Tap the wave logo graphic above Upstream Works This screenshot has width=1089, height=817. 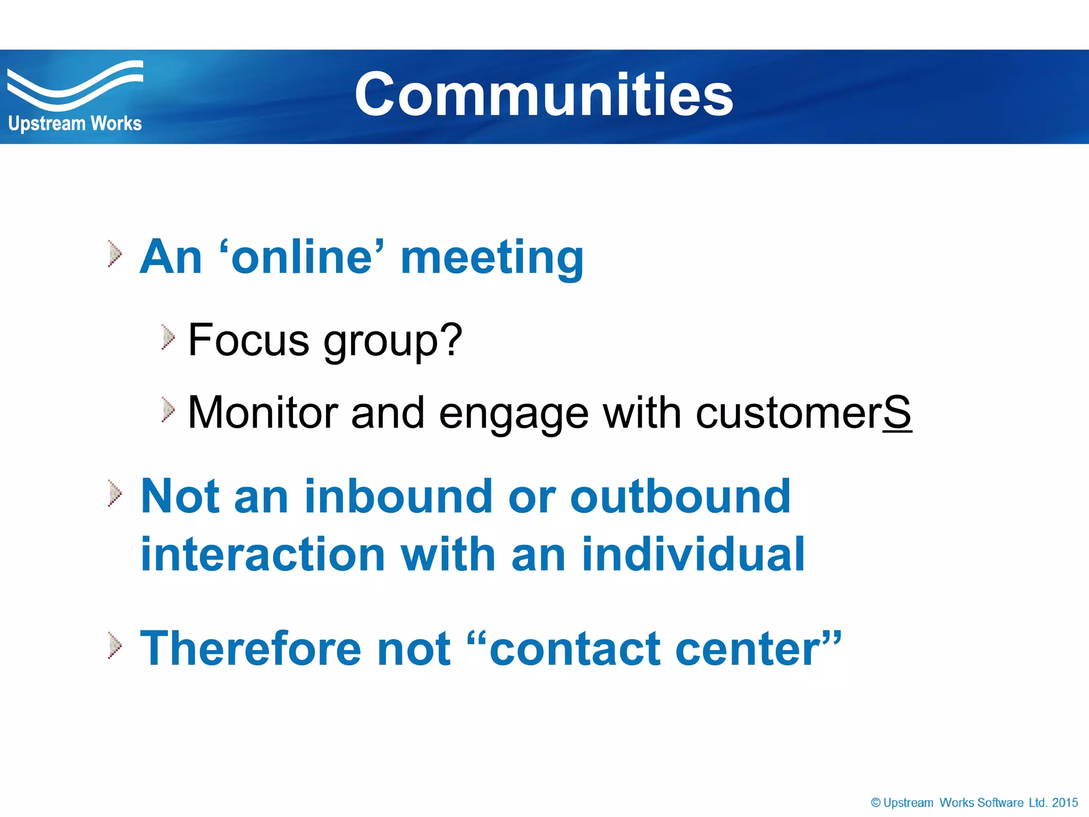click(74, 85)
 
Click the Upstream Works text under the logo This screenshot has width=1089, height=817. click(75, 123)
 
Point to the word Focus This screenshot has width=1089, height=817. click(248, 340)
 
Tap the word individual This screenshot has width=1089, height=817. click(693, 555)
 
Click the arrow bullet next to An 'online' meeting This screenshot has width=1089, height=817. click(114, 253)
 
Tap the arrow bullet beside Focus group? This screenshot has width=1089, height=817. click(168, 337)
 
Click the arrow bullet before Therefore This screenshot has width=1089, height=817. click(114, 645)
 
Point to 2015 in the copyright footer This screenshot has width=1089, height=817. click(1065, 803)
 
